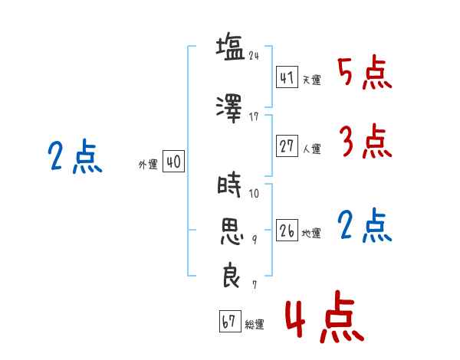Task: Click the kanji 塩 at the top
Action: coord(230,47)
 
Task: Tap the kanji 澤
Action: coord(229,109)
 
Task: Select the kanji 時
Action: coord(229,185)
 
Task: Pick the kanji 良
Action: coord(232,275)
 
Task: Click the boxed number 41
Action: coord(287,77)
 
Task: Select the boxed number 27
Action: coord(287,146)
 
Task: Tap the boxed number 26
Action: coord(287,231)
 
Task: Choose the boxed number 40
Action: coord(173,162)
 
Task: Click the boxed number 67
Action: coord(230,321)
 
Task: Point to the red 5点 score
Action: coord(365,73)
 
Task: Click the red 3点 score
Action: coord(366,141)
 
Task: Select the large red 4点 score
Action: coord(325,317)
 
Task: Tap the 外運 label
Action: coord(148,165)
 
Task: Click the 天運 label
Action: coord(312,80)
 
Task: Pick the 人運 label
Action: coord(312,149)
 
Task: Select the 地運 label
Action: coord(311,233)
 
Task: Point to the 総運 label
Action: coord(255,324)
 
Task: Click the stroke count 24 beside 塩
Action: coord(254,55)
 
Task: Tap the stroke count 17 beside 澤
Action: coord(254,116)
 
